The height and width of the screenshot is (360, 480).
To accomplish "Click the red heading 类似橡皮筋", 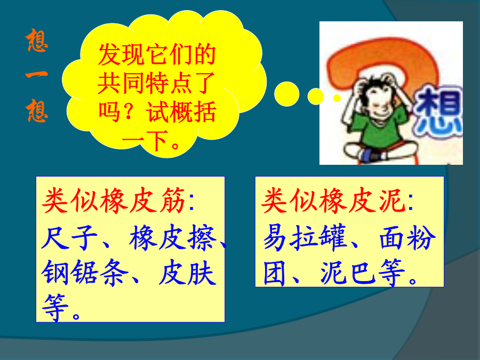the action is (x=114, y=201).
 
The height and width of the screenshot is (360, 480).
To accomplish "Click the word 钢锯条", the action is (x=85, y=273).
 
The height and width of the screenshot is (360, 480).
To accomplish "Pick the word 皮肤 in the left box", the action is (x=187, y=273).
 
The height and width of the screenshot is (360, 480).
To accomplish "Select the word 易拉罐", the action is (x=305, y=237).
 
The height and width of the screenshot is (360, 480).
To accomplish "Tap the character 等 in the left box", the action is (x=54, y=307).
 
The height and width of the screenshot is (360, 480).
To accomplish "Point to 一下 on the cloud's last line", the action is (x=146, y=140).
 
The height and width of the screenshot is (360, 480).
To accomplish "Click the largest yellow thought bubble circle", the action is (x=286, y=94).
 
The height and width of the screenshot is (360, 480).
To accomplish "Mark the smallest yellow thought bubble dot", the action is (x=337, y=98).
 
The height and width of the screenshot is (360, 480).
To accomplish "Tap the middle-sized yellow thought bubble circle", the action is (x=316, y=97).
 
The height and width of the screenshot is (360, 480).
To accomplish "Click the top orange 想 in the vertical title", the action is (x=37, y=40).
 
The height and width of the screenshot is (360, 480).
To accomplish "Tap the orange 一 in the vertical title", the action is (x=37, y=74).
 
